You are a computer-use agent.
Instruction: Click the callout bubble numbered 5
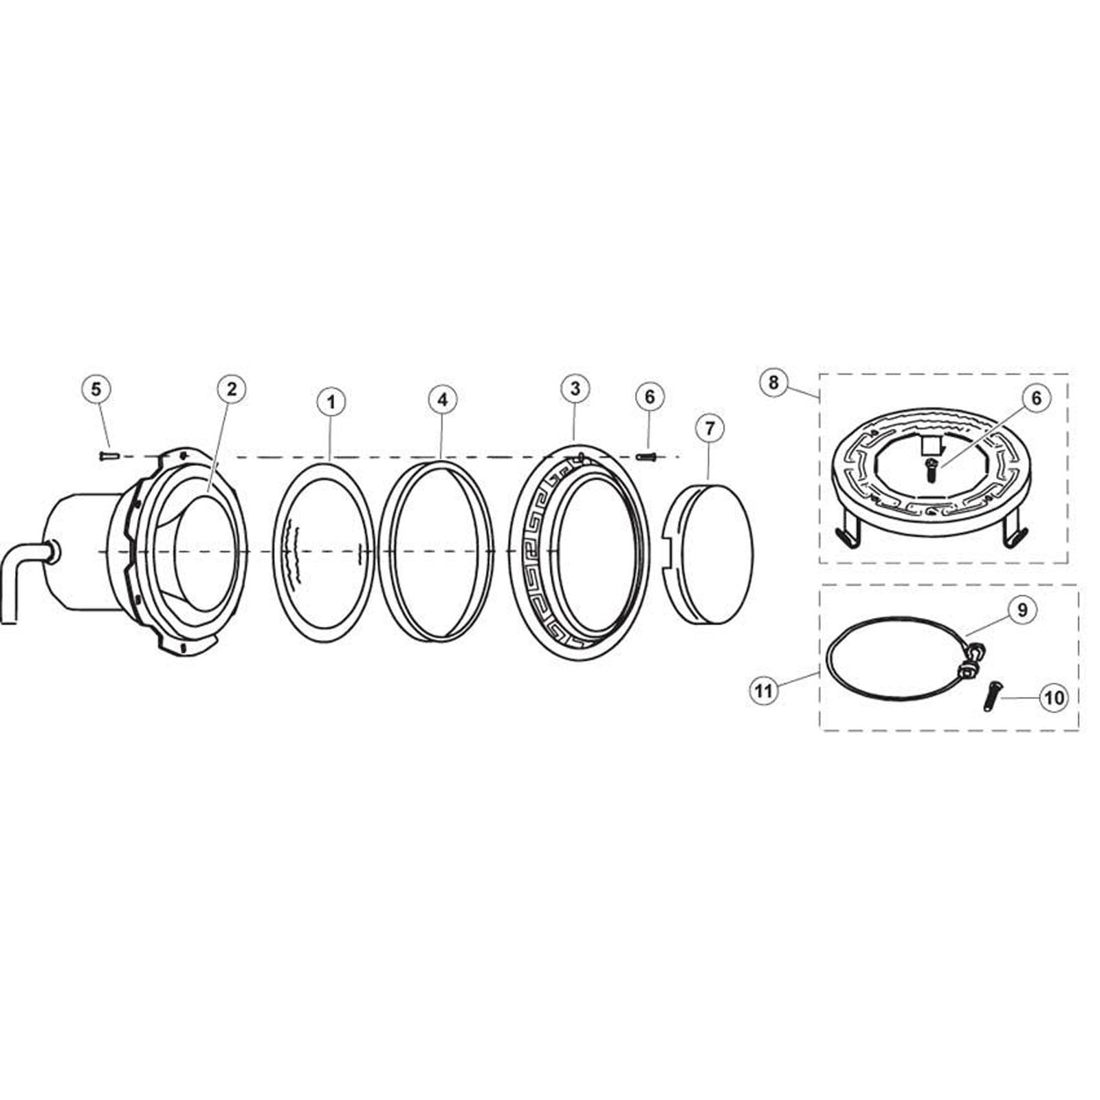(96, 388)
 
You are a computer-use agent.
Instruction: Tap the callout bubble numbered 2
(231, 388)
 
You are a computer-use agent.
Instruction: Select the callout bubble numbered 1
(331, 401)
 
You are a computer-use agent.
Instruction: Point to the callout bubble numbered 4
(442, 399)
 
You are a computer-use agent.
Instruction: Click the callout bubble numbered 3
(575, 388)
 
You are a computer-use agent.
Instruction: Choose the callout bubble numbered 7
(709, 428)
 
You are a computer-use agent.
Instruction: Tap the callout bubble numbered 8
(773, 382)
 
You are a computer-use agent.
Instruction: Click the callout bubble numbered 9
(1022, 610)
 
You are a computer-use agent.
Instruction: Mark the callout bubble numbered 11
(764, 690)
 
